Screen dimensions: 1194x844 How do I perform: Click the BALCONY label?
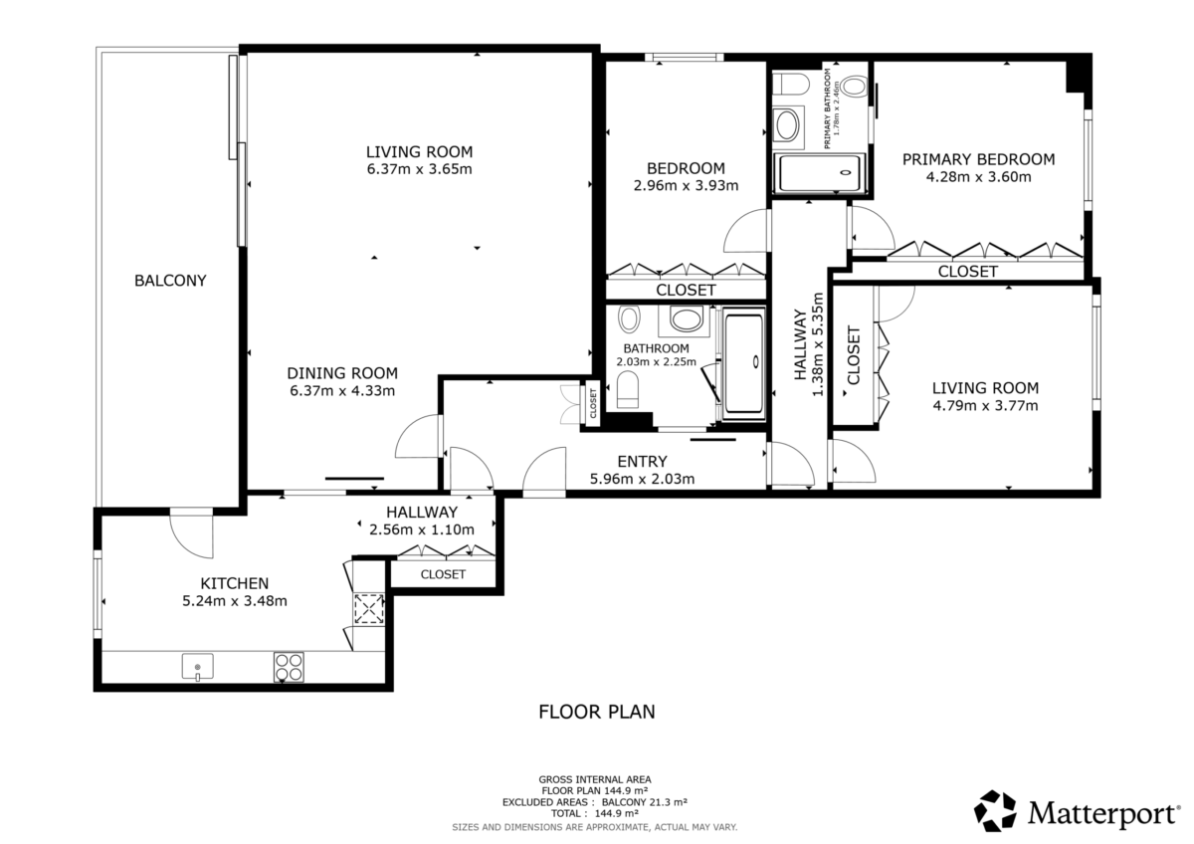click(170, 281)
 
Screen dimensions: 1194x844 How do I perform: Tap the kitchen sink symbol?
click(198, 667)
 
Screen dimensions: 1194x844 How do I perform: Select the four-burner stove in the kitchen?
click(289, 667)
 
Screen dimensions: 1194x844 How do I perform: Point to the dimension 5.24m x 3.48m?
click(235, 601)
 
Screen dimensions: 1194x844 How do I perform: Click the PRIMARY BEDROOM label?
click(979, 159)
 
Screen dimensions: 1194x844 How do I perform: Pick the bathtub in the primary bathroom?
click(820, 173)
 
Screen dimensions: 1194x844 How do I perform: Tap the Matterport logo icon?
click(995, 811)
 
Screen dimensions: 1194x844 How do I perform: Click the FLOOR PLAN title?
click(597, 712)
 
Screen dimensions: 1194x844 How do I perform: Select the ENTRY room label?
click(642, 461)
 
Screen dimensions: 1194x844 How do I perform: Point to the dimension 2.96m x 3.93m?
click(686, 185)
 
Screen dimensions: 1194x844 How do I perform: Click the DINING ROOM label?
click(342, 373)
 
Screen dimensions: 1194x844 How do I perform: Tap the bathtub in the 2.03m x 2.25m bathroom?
click(743, 363)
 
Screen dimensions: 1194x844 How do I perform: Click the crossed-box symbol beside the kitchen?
click(369, 609)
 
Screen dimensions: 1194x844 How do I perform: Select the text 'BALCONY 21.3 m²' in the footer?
click(645, 802)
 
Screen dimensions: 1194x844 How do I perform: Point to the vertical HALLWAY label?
click(801, 344)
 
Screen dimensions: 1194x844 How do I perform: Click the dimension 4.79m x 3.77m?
click(986, 406)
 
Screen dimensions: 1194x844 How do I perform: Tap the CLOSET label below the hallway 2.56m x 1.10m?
click(443, 574)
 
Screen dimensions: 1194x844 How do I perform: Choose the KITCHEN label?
click(235, 583)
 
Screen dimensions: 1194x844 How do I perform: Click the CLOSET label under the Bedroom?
click(686, 290)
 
